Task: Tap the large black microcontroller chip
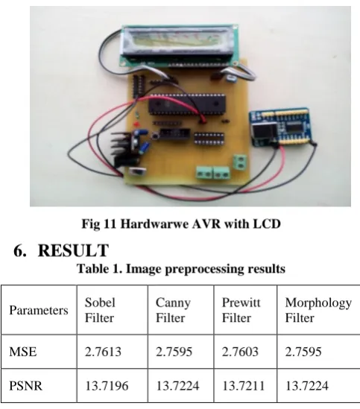[187, 104]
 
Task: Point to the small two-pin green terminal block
[240, 162]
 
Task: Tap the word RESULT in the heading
[73, 250]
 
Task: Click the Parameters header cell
[39, 310]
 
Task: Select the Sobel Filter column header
[100, 310]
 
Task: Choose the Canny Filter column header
[173, 310]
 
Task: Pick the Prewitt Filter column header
[241, 310]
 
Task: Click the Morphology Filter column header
[318, 310]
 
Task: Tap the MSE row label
[22, 352]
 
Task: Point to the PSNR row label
[25, 386]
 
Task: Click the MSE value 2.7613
[103, 352]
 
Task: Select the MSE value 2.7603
[240, 352]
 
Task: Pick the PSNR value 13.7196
[107, 386]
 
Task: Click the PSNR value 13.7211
[243, 386]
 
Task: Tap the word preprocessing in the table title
[204, 269]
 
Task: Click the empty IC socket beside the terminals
[209, 139]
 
